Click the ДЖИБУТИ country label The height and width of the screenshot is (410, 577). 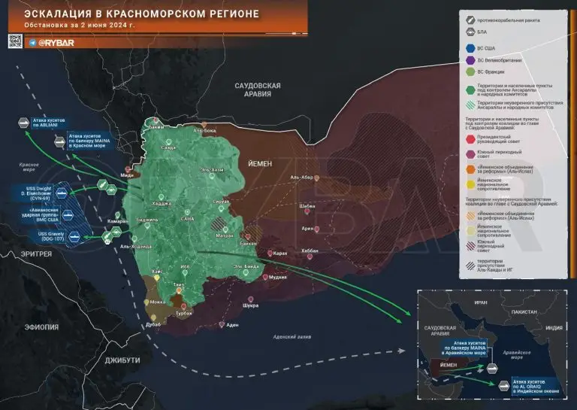click(122, 360)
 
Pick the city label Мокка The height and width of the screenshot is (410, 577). click(158, 302)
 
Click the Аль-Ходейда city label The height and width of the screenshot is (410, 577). click(136, 246)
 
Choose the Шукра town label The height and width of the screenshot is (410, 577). click(251, 306)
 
